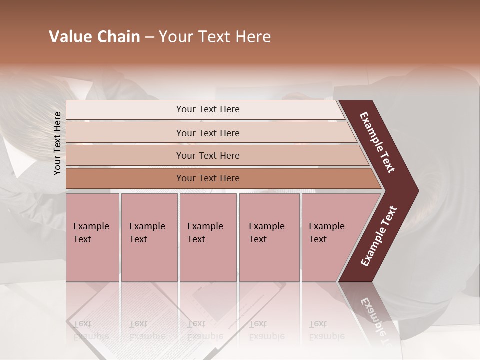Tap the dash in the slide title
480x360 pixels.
pos(149,37)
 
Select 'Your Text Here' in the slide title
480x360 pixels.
pos(215,37)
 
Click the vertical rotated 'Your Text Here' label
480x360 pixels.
pos(57,143)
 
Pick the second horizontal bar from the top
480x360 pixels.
pos(208,133)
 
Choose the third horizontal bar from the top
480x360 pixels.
pos(208,155)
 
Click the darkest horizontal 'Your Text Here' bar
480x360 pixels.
pos(208,178)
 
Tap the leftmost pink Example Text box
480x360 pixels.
pos(92,237)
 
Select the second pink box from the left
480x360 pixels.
pos(149,237)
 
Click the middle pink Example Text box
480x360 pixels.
pos(208,237)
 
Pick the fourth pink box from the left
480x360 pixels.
pos(269,237)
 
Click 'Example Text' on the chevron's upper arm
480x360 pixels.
pos(377,142)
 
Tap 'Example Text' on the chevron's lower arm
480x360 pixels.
pos(378,237)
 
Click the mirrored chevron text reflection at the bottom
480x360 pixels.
pos(372,315)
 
